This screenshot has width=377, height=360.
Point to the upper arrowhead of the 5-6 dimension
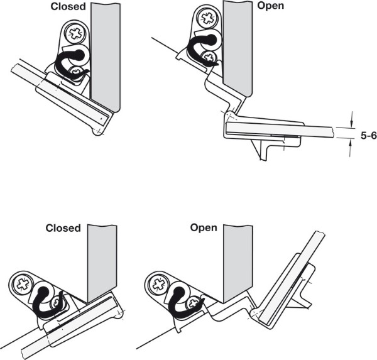coord(351,122)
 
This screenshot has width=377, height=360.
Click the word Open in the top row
coord(271,6)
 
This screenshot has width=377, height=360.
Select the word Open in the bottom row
coord(204,227)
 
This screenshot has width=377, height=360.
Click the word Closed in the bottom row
coord(63,227)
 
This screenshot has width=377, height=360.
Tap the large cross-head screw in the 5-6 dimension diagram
coord(210,14)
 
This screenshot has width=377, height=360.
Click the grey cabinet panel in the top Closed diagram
coord(105,50)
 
